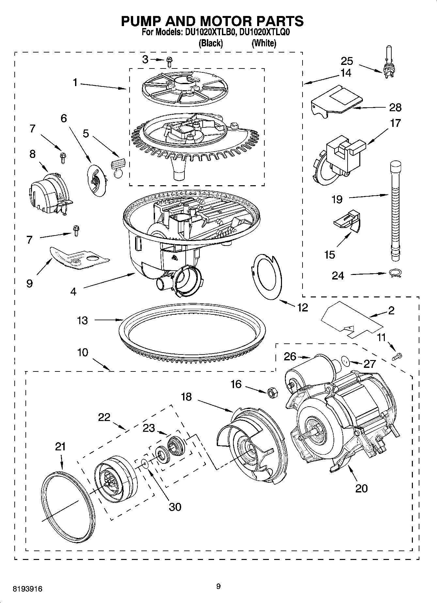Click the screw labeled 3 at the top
[169, 61]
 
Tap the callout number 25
[347, 61]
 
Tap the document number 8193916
[27, 589]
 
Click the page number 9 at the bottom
[218, 586]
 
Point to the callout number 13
[82, 320]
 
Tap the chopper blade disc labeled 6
[97, 180]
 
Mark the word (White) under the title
[264, 43]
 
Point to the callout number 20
[361, 488]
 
